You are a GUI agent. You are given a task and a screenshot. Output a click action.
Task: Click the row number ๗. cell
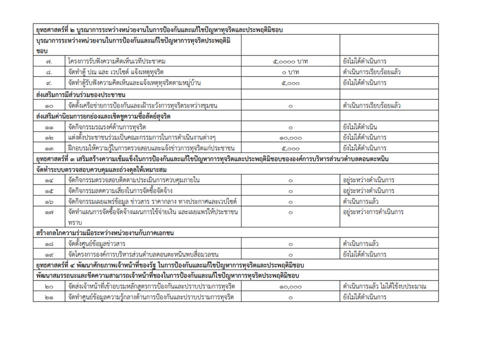click(49, 61)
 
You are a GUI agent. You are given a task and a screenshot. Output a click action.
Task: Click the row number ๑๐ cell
click(49, 105)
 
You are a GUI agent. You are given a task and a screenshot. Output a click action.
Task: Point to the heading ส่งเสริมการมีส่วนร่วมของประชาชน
click(80, 94)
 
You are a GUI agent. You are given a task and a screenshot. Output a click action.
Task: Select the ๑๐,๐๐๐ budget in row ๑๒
click(290, 137)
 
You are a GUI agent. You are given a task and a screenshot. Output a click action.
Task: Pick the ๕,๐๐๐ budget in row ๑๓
click(290, 148)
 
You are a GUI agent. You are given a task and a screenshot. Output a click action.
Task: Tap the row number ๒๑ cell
click(49, 297)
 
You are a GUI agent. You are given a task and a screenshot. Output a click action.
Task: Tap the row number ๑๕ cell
click(49, 190)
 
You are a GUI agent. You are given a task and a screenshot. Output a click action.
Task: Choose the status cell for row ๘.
click(371, 72)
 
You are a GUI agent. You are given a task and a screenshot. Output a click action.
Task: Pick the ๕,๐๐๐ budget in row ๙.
click(290, 83)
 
